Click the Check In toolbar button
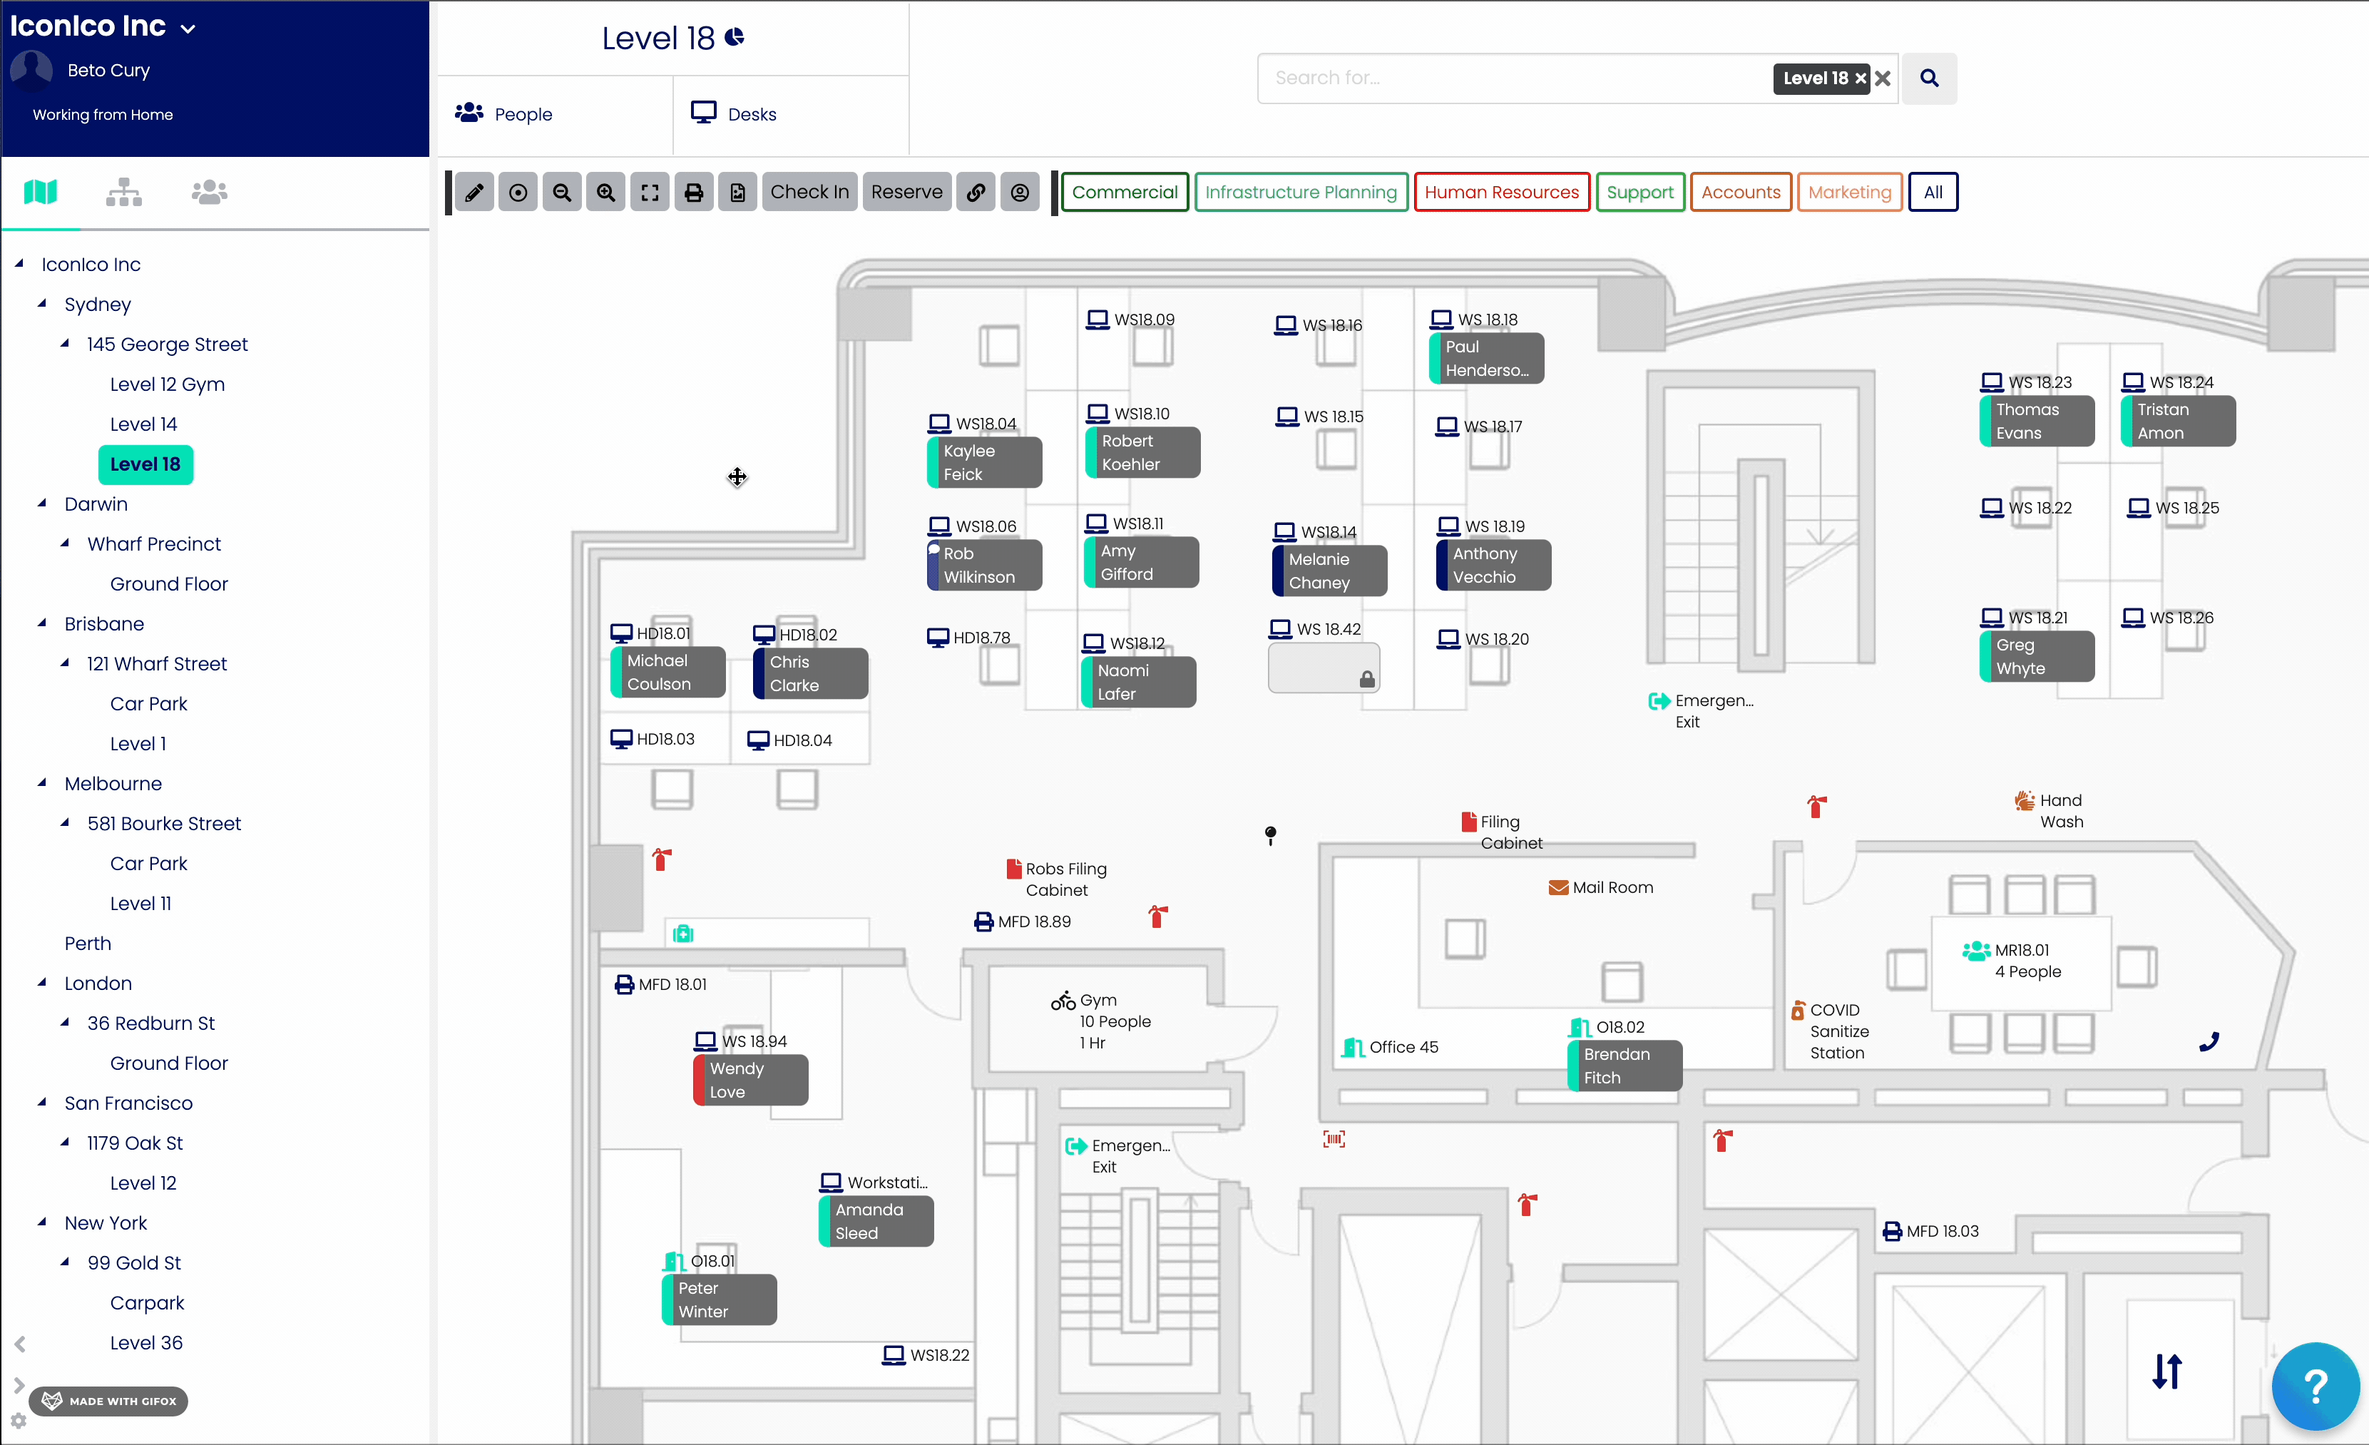[x=809, y=193]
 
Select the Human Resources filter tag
[x=1501, y=193]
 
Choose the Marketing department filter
[x=1849, y=193]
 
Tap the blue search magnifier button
[x=1929, y=78]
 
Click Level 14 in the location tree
[x=143, y=424]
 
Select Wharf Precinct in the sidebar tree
[x=154, y=544]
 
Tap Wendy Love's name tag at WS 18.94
[x=751, y=1081]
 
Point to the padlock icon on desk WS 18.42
[x=1366, y=680]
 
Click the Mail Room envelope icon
[x=1558, y=887]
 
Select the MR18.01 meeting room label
[x=2022, y=950]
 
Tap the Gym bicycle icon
[x=1063, y=1001]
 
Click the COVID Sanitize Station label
[x=1839, y=1031]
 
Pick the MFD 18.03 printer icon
[x=1891, y=1232]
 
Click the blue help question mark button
[x=2315, y=1385]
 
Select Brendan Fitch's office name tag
[x=1624, y=1066]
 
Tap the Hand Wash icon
[x=2024, y=801]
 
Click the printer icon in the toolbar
[x=693, y=193]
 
